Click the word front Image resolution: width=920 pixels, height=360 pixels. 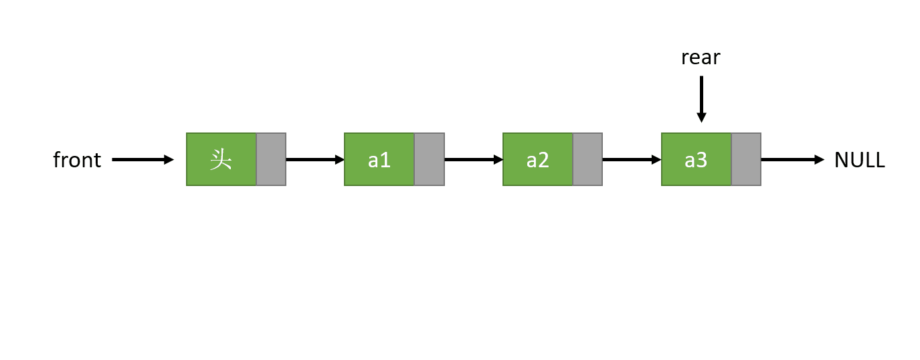click(77, 160)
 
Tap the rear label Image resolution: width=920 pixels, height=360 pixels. click(701, 58)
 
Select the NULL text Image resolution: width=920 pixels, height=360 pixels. click(860, 160)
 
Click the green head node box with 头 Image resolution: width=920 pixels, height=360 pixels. click(221, 159)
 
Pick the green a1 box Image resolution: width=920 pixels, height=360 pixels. click(379, 159)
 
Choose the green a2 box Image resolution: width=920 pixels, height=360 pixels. click(538, 159)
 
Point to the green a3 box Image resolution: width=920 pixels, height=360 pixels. click(697, 159)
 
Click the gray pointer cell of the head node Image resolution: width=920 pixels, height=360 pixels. click(271, 159)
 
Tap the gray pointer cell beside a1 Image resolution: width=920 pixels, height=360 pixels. click(430, 159)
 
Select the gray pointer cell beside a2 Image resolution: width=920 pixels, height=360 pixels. click(587, 159)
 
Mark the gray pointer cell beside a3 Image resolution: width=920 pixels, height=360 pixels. click(746, 159)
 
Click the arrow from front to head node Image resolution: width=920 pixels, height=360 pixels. click(143, 159)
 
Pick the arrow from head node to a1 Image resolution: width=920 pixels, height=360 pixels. click(315, 159)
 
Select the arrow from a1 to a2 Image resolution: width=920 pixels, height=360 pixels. click(474, 159)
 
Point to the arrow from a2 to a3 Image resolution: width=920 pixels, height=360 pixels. click(632, 159)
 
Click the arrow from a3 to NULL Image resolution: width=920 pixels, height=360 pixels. click(793, 159)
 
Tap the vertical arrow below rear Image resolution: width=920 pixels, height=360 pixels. click(701, 99)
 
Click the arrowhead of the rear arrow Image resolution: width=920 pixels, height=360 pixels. click(701, 117)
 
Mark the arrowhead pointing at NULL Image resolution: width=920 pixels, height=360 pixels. click(820, 159)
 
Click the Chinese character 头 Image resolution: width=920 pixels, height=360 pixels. click(221, 159)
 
